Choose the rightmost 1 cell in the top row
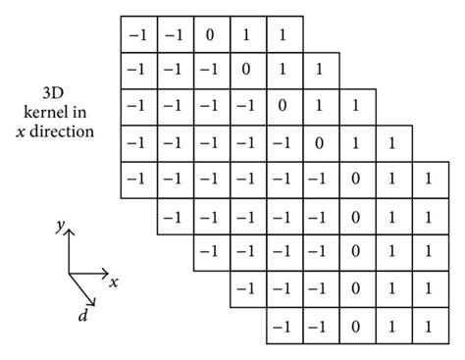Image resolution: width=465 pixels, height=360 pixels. click(284, 33)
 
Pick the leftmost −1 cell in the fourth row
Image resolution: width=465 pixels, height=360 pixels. click(136, 143)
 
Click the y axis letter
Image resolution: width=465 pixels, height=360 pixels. click(60, 227)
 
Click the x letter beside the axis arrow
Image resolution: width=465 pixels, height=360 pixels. click(114, 283)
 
